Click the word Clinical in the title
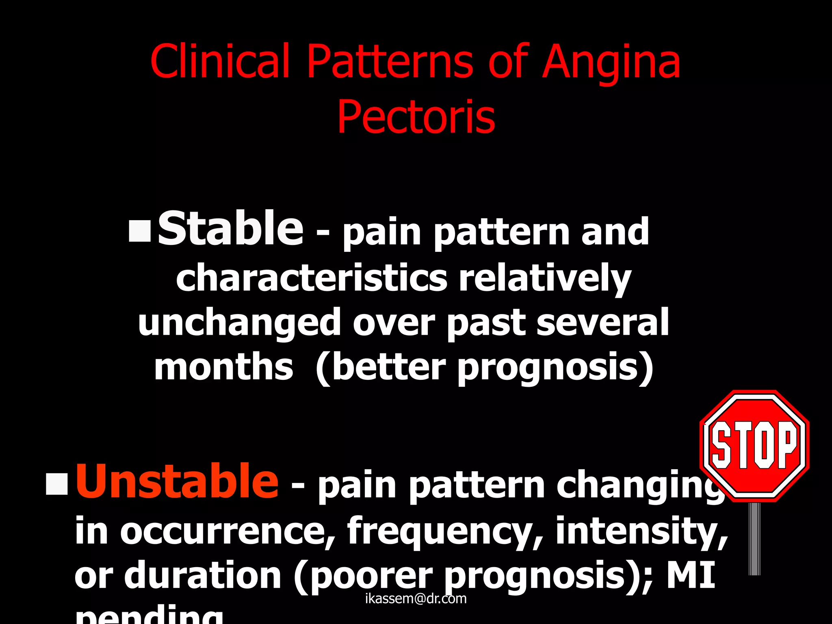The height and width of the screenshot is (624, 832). pos(220,62)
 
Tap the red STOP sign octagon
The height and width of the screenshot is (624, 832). pos(754,446)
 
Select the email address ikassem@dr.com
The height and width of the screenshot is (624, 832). pos(416,598)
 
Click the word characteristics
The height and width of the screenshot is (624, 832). pos(312,278)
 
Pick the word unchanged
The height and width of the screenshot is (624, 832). pos(239,323)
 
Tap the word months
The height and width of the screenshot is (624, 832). pos(223,367)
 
